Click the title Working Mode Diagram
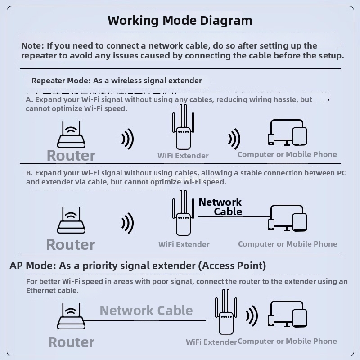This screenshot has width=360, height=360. click(x=180, y=21)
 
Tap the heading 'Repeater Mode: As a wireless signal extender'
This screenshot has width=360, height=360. click(x=117, y=81)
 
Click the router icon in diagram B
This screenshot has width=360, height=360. click(x=71, y=221)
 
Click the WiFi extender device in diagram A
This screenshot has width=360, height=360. click(x=183, y=128)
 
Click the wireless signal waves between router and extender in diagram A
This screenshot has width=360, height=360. click(x=128, y=139)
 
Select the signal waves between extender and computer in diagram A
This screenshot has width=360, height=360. click(x=234, y=139)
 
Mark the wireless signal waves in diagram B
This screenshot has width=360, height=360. click(x=128, y=223)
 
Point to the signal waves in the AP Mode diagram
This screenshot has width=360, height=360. click(x=252, y=316)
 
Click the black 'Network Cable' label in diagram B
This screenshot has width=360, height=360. click(x=220, y=207)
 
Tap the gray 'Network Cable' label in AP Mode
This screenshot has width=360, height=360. click(x=146, y=310)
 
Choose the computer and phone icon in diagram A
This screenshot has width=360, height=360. click(x=288, y=133)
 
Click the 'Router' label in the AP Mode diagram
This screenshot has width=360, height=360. click(x=72, y=342)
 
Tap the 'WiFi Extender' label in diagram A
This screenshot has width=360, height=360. click(x=183, y=156)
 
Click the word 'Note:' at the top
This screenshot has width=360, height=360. click(x=32, y=46)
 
